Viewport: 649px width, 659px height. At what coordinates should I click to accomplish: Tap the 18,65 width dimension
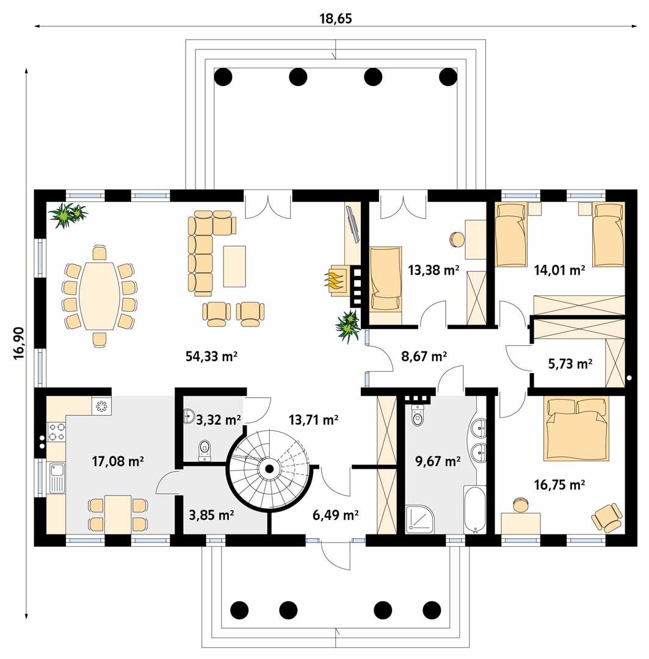pos(336,18)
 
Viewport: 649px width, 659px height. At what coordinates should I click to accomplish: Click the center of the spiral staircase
pos(267,469)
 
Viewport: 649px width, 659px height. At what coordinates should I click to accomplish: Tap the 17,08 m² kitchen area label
pos(117,461)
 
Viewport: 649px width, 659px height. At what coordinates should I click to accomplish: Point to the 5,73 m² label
pos(570,364)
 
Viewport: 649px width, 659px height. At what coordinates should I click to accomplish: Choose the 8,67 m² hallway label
pos(424,355)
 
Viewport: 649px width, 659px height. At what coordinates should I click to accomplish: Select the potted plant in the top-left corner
pos(67,214)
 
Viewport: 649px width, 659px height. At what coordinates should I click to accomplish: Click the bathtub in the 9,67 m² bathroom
pos(474,510)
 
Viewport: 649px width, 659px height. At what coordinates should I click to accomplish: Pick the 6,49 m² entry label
pos(335,516)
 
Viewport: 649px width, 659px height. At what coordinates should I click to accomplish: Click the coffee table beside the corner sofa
pos(234,266)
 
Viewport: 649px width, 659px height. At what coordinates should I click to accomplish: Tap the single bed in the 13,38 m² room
pos(386,278)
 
